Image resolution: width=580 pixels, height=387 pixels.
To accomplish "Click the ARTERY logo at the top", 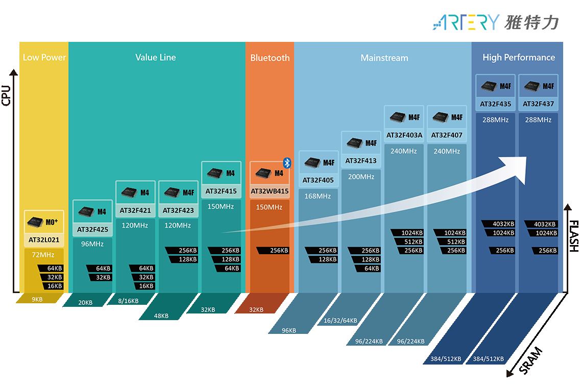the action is (x=496, y=22).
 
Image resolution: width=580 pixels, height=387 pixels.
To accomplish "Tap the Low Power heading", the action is (x=44, y=57).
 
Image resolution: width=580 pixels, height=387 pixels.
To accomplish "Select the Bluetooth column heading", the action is (x=270, y=58).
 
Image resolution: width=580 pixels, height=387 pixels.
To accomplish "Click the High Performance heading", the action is (x=519, y=57).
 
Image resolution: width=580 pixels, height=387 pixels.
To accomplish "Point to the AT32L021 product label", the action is (x=44, y=240).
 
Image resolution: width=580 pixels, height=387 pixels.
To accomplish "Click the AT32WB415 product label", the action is (x=270, y=191).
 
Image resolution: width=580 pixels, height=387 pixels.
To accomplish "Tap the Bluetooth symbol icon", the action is (x=287, y=163).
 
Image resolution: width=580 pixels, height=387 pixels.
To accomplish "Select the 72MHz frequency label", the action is (x=43, y=255).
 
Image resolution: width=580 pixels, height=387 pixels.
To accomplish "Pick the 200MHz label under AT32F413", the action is (x=361, y=177).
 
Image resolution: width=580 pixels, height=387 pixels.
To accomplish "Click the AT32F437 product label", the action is (x=538, y=104).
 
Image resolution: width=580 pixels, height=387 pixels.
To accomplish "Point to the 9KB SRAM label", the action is (x=37, y=299).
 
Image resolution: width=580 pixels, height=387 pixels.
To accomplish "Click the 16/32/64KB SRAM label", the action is (x=341, y=321).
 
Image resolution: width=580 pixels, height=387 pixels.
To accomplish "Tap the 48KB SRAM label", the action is (x=161, y=316).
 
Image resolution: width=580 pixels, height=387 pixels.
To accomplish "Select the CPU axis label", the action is (x=6, y=95).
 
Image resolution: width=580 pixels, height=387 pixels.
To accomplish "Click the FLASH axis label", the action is (x=574, y=236).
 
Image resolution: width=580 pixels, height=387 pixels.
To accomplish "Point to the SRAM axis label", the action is (x=530, y=360).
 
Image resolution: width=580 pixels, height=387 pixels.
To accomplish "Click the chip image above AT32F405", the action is (x=312, y=162).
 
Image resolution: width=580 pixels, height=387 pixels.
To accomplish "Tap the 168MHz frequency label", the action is (x=318, y=196).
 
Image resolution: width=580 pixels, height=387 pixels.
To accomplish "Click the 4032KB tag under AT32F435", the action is (x=499, y=224).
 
